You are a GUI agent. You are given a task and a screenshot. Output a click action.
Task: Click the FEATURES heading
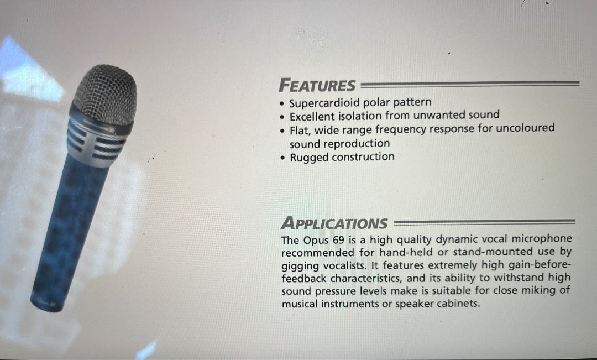[x=317, y=85]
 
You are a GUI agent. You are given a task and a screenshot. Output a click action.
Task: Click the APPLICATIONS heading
[x=334, y=223]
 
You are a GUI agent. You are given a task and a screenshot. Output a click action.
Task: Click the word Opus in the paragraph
[x=313, y=241]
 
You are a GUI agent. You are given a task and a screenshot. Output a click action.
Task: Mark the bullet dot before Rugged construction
[x=282, y=158]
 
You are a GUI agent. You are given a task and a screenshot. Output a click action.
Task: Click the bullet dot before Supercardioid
[x=281, y=104]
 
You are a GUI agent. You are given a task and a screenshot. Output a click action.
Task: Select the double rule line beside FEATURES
[x=470, y=84]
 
